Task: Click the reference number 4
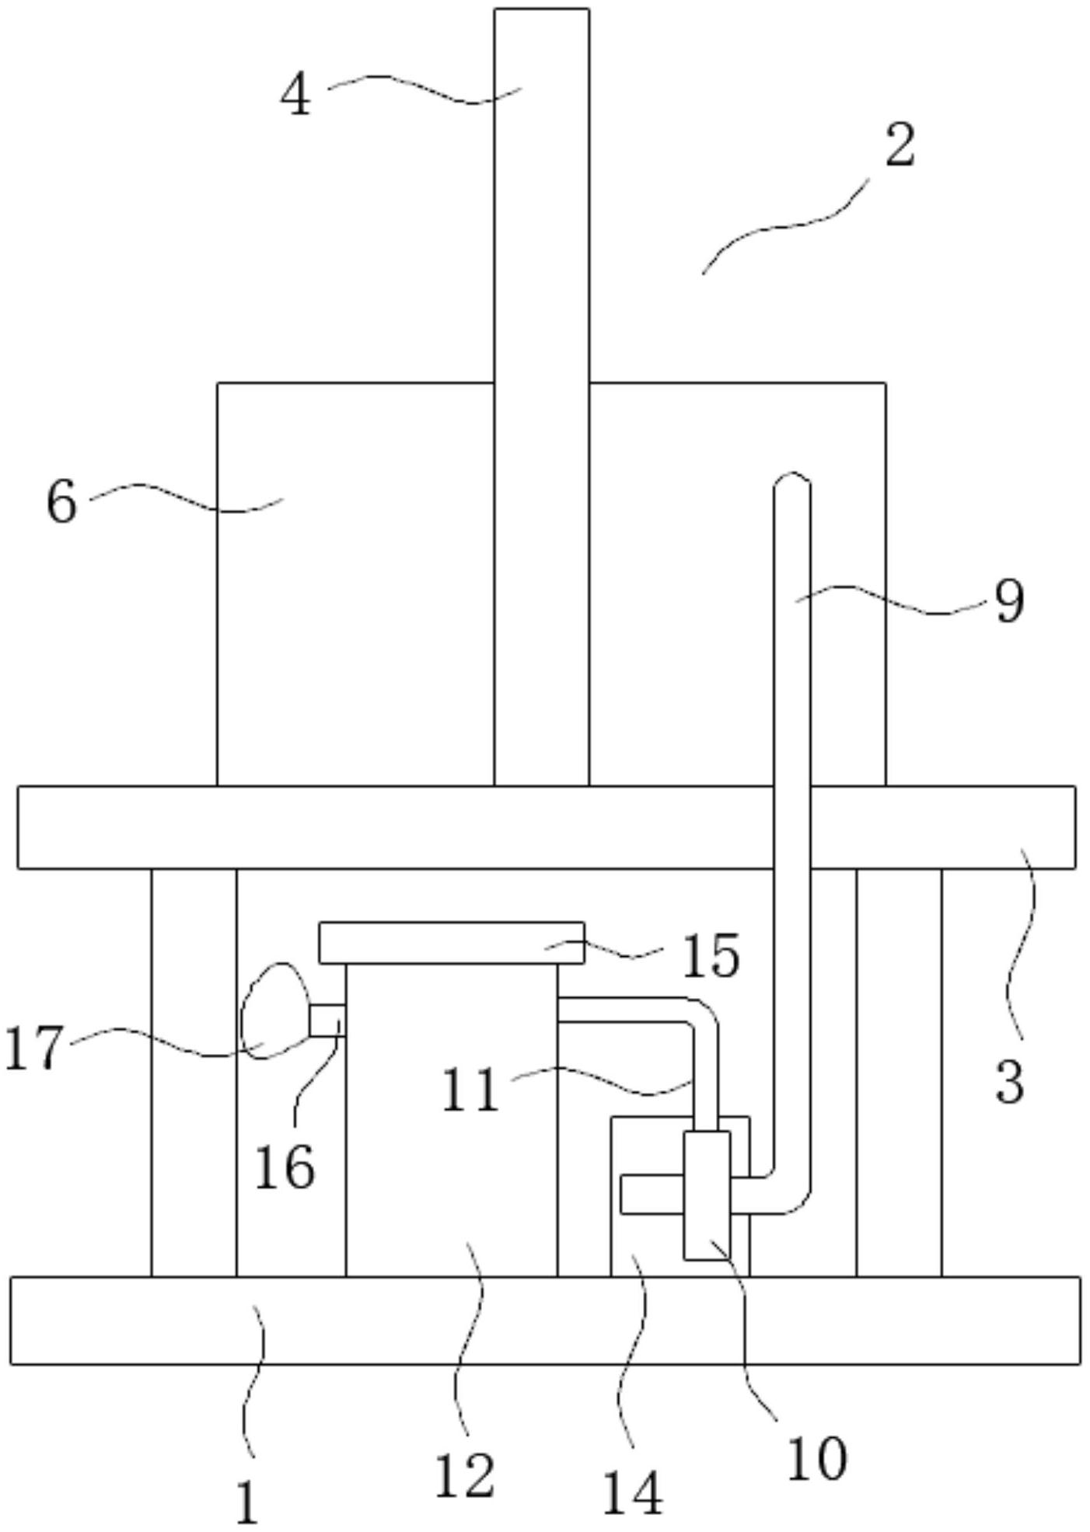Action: (x=295, y=97)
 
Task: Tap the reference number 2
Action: (x=900, y=145)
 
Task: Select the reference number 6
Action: (x=62, y=502)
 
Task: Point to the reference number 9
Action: (x=1009, y=601)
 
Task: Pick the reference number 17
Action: (x=33, y=1047)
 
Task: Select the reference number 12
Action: (x=464, y=1474)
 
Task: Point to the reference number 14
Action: (x=633, y=1493)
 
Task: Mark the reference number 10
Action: (x=816, y=1458)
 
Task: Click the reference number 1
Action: (x=246, y=1502)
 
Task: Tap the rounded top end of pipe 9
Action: (x=792, y=482)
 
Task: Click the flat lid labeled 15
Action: (x=451, y=942)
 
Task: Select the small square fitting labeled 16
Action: (x=327, y=1020)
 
